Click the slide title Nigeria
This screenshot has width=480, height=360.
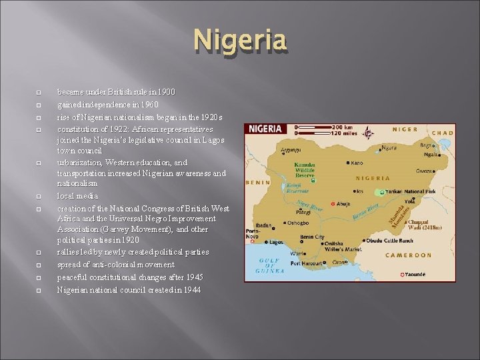pyautogui.click(x=240, y=41)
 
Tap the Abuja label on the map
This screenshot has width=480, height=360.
pyautogui.click(x=343, y=204)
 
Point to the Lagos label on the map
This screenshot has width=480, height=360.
pyautogui.click(x=275, y=242)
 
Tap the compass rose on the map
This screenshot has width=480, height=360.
pyautogui.click(x=367, y=133)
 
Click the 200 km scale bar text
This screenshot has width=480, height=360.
pyautogui.click(x=346, y=126)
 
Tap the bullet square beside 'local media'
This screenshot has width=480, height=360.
pyautogui.click(x=39, y=197)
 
